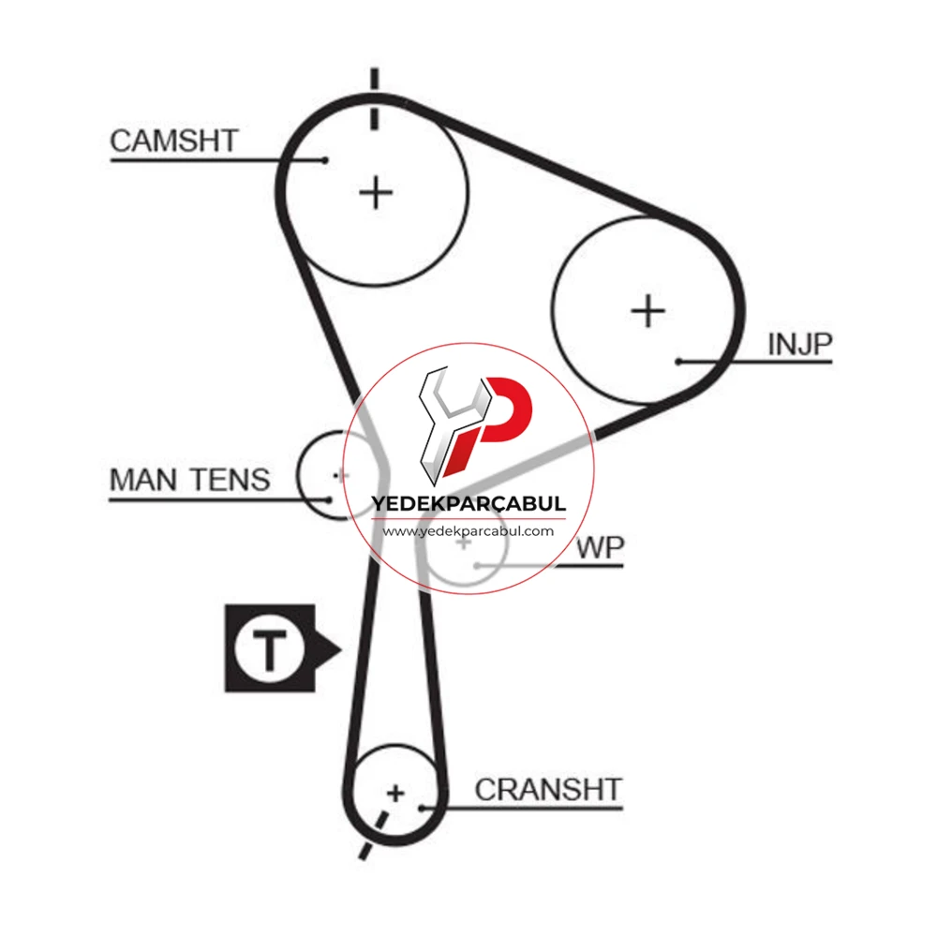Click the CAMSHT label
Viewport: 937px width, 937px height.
pyautogui.click(x=174, y=141)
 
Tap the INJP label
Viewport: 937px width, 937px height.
pyautogui.click(x=799, y=345)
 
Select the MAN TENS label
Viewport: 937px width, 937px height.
pyautogui.click(x=189, y=480)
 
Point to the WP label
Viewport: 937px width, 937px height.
pyautogui.click(x=600, y=548)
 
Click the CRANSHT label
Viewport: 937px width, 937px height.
pyautogui.click(x=548, y=789)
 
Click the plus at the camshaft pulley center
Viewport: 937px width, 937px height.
pyautogui.click(x=376, y=192)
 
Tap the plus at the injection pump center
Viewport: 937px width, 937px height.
pyautogui.click(x=647, y=311)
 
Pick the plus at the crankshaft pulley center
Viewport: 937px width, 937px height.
pyautogui.click(x=395, y=794)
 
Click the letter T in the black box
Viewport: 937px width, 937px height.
pyautogui.click(x=270, y=649)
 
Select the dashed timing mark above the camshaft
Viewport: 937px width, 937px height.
pyautogui.click(x=374, y=99)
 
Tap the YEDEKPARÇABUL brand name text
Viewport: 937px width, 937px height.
pyautogui.click(x=468, y=503)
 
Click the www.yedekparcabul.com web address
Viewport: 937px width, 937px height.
pyautogui.click(x=468, y=531)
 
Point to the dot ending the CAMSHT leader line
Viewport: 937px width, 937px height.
pyautogui.click(x=324, y=160)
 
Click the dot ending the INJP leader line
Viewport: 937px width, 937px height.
pyautogui.click(x=678, y=362)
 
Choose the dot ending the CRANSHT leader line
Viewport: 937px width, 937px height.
pyautogui.click(x=422, y=809)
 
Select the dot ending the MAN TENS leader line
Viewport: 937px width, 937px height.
pyautogui.click(x=329, y=499)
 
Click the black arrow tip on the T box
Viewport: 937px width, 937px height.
pyautogui.click(x=340, y=649)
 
